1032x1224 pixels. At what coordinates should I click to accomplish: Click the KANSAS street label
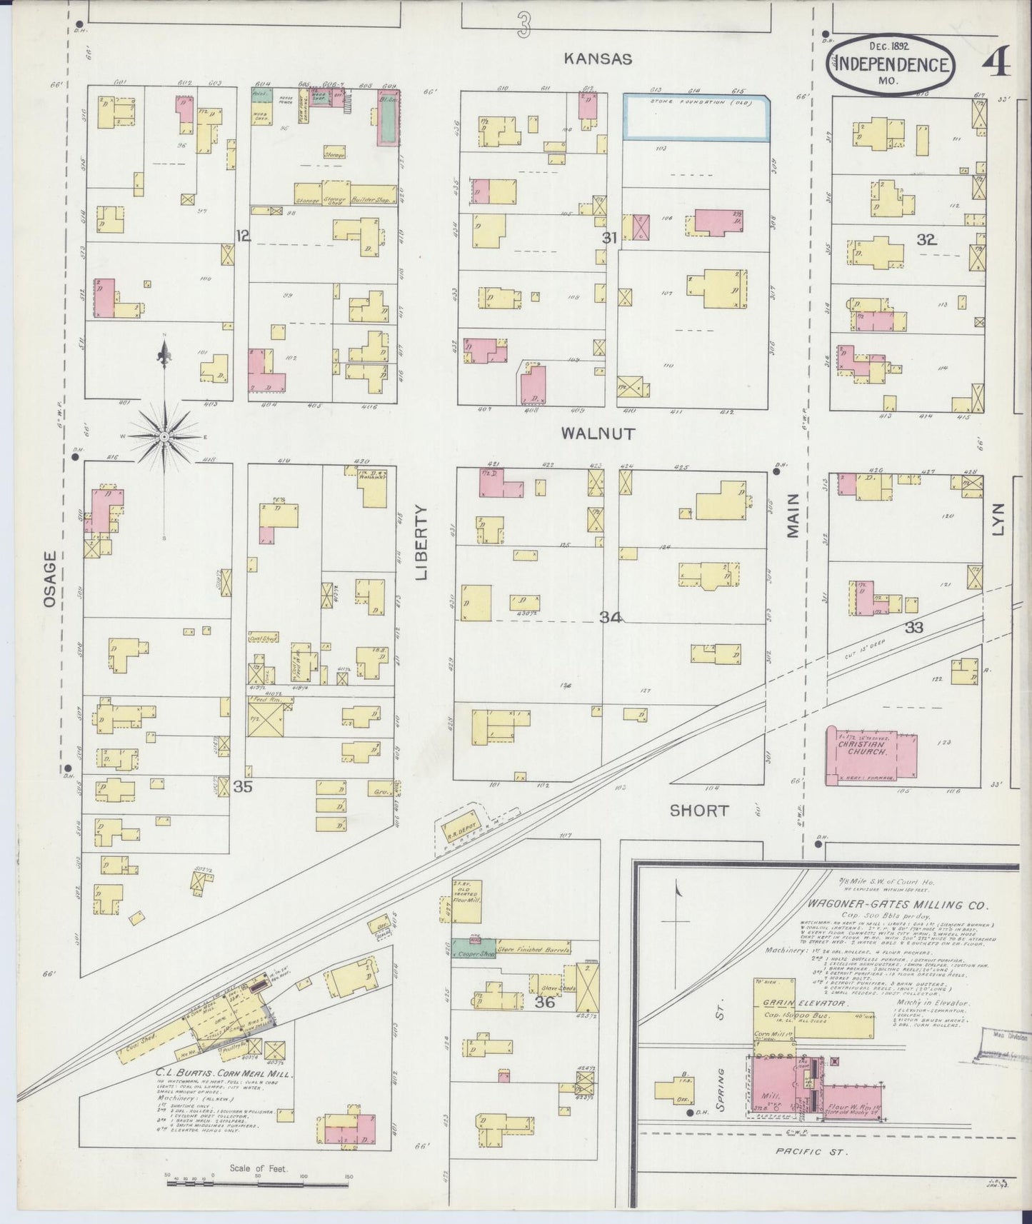597,59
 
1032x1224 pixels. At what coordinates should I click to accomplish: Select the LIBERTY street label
421,543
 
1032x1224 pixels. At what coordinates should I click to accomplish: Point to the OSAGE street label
49,579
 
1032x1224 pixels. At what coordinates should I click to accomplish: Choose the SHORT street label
699,811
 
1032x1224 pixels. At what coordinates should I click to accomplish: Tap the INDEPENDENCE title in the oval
891,65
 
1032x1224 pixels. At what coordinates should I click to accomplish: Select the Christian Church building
871,756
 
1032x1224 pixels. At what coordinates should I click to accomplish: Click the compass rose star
164,436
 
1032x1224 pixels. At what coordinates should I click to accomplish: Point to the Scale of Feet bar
257,1182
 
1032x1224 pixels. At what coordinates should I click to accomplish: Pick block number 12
243,235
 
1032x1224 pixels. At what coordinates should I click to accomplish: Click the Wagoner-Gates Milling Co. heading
897,905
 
